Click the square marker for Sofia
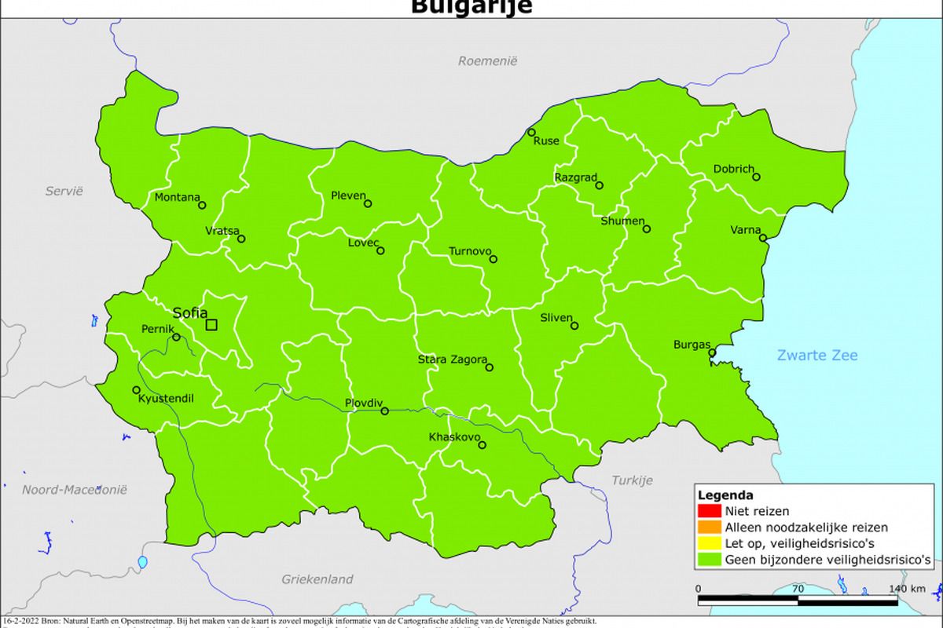211,324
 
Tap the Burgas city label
692,345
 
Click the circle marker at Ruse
531,133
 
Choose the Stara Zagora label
452,360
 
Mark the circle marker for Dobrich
756,177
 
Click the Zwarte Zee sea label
817,355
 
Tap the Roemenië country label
488,60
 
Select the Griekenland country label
317,579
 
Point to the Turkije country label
632,480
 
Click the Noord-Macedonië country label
74,489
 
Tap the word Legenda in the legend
725,495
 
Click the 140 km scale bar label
907,589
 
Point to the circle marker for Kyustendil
137,390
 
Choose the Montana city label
177,197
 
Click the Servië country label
64,191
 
